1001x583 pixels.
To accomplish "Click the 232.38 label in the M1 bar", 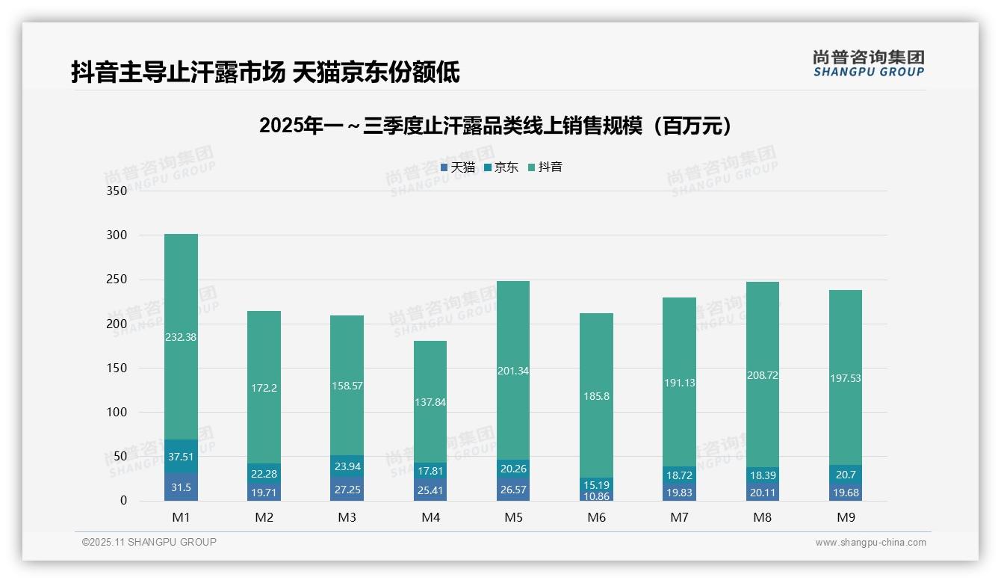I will [x=181, y=337].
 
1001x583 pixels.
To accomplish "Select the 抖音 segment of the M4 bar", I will [x=430, y=402].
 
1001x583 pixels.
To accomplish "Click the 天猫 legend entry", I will [x=457, y=167].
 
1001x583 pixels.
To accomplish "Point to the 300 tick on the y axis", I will [x=117, y=235].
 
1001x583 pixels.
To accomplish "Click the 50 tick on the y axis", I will [x=120, y=457].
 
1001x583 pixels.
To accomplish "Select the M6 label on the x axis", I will [x=596, y=517].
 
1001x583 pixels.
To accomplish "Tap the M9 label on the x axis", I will [x=846, y=517].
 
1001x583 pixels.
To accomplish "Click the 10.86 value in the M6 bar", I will [x=596, y=496].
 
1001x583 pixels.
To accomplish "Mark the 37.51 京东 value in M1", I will [x=181, y=457].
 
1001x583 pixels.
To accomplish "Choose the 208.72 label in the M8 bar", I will [x=762, y=375].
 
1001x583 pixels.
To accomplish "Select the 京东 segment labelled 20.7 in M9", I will [x=846, y=474].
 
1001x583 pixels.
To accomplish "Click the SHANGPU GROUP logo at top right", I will [x=868, y=64].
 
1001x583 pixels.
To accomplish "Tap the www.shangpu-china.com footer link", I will [x=870, y=543].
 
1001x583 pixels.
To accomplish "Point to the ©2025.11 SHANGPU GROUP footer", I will [x=149, y=543].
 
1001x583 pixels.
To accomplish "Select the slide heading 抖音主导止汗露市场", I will [x=264, y=73].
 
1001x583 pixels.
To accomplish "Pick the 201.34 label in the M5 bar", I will [x=513, y=371].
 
